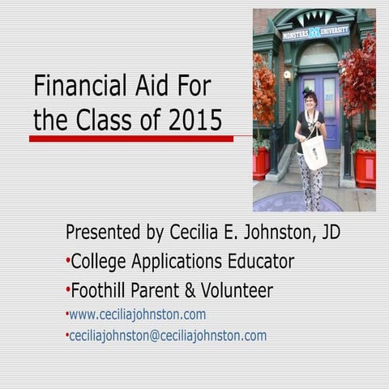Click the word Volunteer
coord(237,290)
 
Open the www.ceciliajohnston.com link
coord(137,314)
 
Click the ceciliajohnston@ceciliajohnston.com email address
coord(167,336)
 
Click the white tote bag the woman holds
coord(315,151)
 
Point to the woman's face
coord(310,100)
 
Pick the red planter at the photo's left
coord(261,162)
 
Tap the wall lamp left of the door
coord(287,75)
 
